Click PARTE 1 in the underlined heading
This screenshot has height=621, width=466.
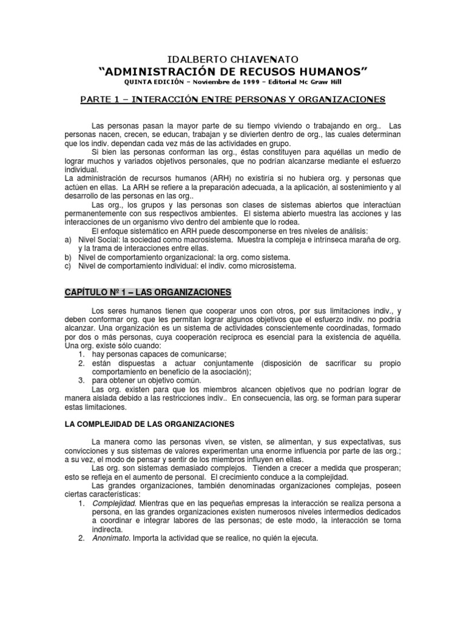click(x=101, y=98)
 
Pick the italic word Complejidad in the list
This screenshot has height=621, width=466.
click(x=114, y=503)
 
